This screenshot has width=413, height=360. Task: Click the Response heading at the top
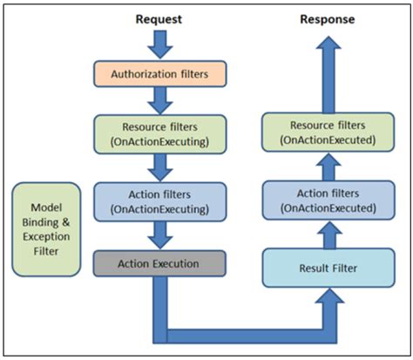(x=327, y=18)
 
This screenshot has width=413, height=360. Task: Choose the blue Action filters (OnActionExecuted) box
(x=327, y=201)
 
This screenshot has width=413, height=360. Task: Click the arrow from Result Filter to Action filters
(x=327, y=233)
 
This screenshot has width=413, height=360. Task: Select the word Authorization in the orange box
(x=137, y=73)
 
